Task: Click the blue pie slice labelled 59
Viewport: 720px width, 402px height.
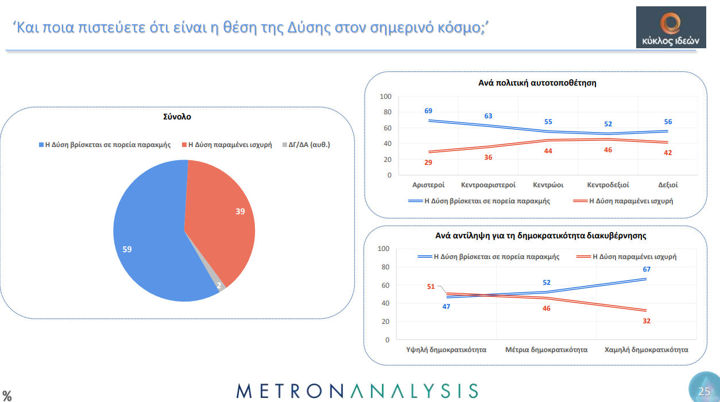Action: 149,241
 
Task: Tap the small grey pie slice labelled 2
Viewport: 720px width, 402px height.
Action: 219,285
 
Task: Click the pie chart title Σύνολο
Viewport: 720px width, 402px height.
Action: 176,117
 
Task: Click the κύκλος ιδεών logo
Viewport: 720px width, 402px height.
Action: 671,27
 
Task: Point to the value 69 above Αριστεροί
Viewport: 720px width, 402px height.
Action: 428,111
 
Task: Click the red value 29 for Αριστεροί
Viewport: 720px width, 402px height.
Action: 428,163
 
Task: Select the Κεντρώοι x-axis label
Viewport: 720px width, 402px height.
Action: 548,185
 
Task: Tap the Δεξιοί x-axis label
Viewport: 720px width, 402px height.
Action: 668,185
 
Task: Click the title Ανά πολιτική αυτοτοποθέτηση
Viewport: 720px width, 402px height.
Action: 537,83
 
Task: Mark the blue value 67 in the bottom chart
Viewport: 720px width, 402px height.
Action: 647,269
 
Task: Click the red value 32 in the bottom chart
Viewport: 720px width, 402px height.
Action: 647,320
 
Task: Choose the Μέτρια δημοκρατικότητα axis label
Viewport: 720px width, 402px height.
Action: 546,350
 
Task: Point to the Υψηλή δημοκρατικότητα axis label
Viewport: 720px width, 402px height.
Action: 446,350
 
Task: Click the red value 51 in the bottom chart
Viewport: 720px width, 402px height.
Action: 431,287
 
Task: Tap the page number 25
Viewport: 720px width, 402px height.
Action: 704,392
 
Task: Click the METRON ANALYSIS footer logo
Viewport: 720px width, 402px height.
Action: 357,391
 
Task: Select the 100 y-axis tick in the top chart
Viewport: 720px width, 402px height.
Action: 385,96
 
